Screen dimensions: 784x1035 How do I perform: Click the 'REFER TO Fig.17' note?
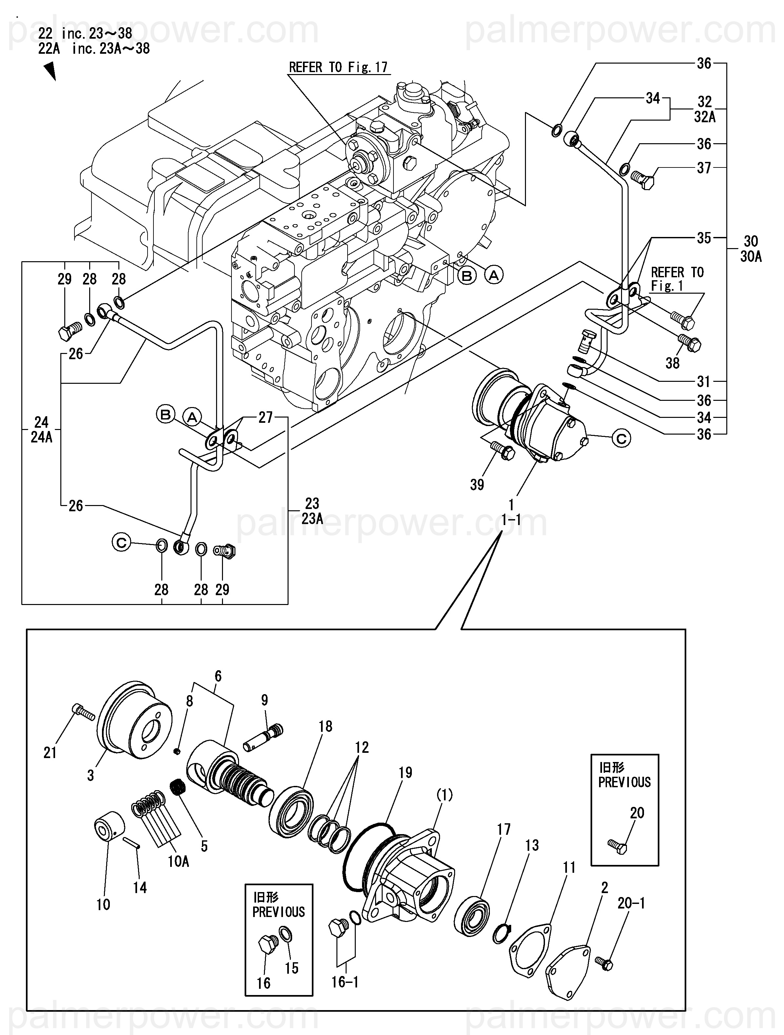[338, 68]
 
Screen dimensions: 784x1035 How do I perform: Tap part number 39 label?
[477, 485]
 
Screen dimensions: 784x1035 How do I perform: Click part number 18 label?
[325, 726]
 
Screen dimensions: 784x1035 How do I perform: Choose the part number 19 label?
[405, 772]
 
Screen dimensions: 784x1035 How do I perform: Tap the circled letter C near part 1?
[622, 439]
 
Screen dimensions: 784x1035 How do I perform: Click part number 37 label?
[704, 168]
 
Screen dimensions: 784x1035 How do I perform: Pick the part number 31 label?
[703, 382]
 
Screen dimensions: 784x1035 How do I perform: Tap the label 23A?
[312, 518]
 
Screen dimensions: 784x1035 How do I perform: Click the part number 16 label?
[264, 983]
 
